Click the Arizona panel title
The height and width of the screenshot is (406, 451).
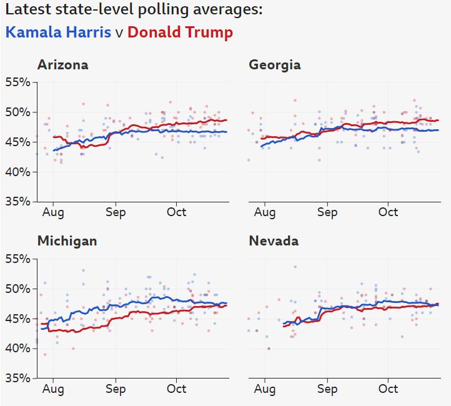coord(62,65)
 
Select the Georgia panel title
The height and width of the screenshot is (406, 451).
coord(274,65)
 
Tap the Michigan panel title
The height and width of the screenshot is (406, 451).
coord(67,241)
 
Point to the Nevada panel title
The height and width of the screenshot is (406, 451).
coord(274,241)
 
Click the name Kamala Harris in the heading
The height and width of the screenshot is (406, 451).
coord(59,32)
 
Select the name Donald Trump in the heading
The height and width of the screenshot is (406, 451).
coord(180,32)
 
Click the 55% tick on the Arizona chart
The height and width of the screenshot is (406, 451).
coord(18,82)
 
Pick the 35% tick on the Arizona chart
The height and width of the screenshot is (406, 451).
coord(18,202)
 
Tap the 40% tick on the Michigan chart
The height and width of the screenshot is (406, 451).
coord(18,348)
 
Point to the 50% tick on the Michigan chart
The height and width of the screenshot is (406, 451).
coord(18,289)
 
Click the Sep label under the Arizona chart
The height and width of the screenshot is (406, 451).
coord(116,212)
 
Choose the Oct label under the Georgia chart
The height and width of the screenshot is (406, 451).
coord(388,212)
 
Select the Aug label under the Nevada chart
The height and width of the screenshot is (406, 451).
coord(264,389)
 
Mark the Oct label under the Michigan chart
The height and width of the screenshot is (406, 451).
coord(177,389)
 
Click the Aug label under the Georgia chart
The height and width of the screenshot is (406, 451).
coord(264,212)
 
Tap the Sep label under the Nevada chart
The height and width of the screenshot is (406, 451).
coord(327,389)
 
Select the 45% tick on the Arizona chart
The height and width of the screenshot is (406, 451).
coord(18,142)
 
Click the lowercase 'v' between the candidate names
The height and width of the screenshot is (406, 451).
coord(119,33)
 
